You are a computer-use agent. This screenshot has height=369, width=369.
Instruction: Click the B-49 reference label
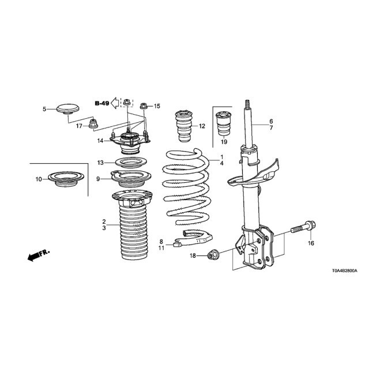click(x=102, y=103)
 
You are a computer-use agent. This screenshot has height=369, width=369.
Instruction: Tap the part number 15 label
click(x=157, y=106)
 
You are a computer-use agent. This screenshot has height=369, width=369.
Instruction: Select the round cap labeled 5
click(x=68, y=109)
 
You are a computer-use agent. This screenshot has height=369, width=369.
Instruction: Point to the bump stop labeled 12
click(x=184, y=126)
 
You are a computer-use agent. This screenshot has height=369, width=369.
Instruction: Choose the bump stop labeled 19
click(x=223, y=124)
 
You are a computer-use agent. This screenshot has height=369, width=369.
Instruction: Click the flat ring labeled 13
click(x=131, y=163)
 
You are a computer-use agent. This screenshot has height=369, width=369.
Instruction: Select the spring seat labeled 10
click(x=66, y=179)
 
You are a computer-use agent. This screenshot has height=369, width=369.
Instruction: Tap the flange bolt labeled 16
click(x=304, y=227)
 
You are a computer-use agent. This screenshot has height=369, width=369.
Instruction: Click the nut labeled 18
click(x=213, y=255)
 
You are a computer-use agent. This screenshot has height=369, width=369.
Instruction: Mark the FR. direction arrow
click(x=38, y=255)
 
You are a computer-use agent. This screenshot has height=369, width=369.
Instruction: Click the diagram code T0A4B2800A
click(x=345, y=271)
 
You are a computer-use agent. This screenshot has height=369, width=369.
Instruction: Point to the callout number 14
click(x=100, y=141)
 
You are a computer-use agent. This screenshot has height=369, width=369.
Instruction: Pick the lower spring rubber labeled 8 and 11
click(x=193, y=238)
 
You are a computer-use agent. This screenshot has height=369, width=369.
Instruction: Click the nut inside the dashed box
click(x=127, y=103)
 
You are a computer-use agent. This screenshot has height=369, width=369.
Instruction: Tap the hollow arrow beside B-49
click(x=115, y=103)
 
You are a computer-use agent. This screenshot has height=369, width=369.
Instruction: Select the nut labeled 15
click(x=144, y=106)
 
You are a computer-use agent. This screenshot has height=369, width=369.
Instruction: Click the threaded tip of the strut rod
click(x=247, y=104)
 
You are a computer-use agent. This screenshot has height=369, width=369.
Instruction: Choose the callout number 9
click(x=98, y=179)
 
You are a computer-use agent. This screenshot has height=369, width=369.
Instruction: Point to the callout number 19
click(x=224, y=142)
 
